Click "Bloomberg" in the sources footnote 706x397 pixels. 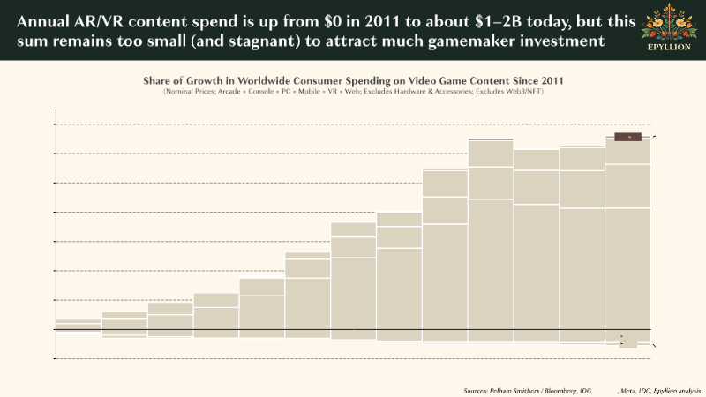click(x=552, y=390)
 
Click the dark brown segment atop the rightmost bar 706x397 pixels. click(x=627, y=137)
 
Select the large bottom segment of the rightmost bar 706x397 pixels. click(x=627, y=274)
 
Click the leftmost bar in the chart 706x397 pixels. click(x=78, y=326)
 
